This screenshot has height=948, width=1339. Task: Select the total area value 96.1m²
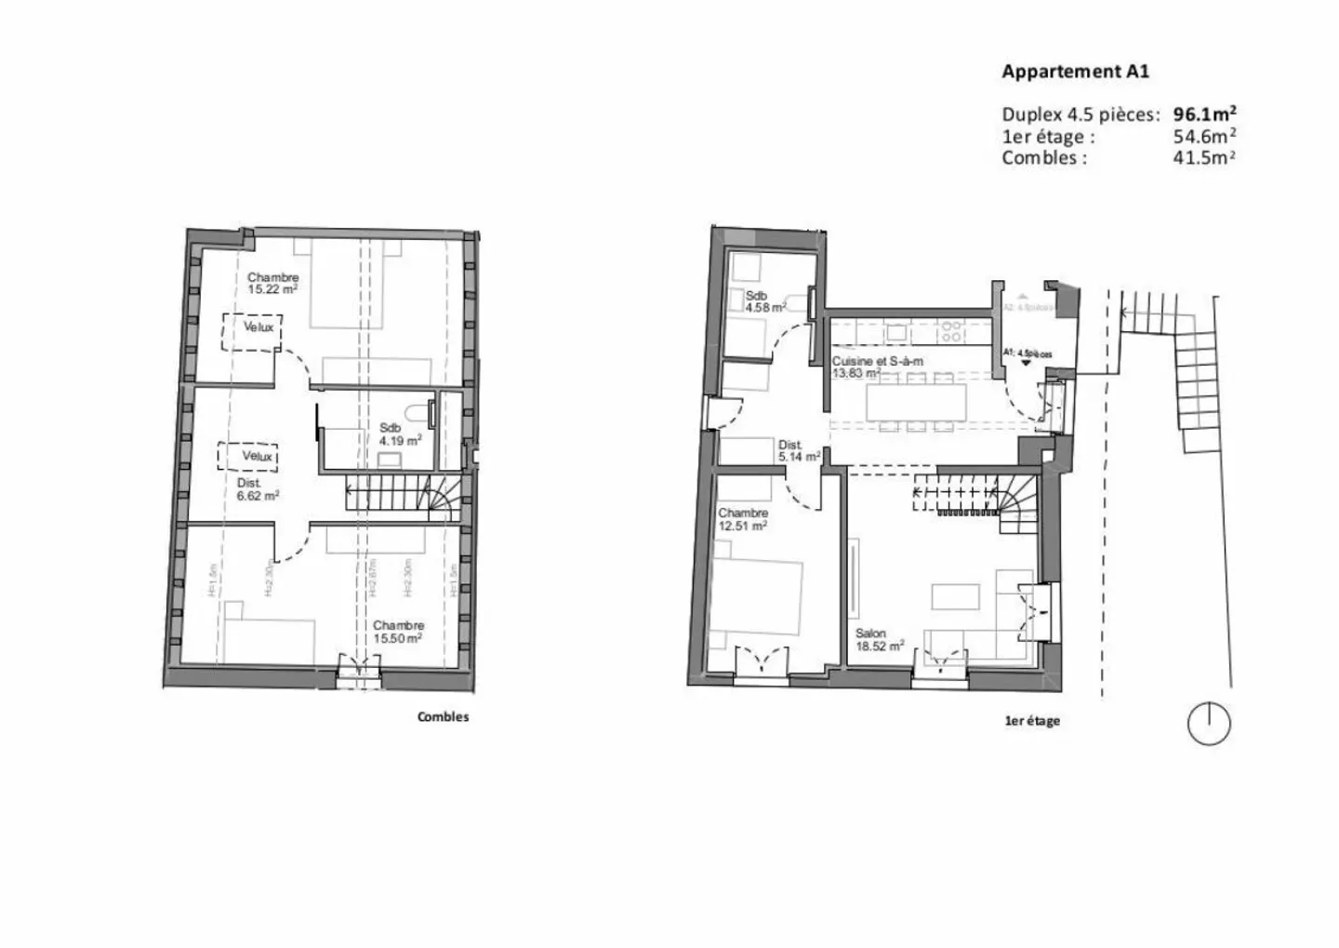[x=1204, y=114]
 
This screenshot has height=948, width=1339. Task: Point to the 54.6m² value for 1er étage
[x=1204, y=137]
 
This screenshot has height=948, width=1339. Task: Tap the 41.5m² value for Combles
[x=1204, y=157]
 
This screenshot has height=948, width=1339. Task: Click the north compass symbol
[x=1209, y=723]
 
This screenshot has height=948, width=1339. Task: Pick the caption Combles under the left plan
[x=443, y=717]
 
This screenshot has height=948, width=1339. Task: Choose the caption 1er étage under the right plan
[x=1032, y=721]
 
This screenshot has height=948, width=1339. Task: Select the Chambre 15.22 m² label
[x=272, y=283]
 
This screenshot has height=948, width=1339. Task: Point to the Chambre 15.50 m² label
[x=398, y=632]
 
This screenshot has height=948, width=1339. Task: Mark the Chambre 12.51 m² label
[x=743, y=519]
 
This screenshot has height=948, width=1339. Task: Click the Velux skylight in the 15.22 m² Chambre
[x=251, y=330]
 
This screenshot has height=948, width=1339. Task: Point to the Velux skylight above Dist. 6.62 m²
[x=248, y=456]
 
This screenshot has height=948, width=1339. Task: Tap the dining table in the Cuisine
[x=916, y=403]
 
